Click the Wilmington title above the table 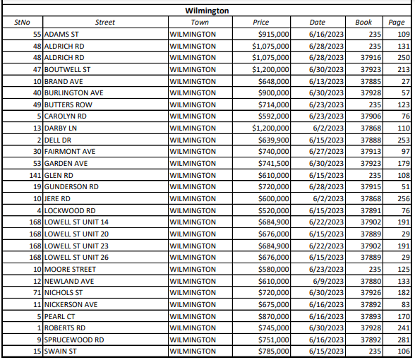[206, 12]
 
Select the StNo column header [23, 23]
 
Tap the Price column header [260, 23]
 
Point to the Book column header [363, 23]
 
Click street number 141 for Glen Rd [35, 174]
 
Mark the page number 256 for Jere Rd [403, 198]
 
